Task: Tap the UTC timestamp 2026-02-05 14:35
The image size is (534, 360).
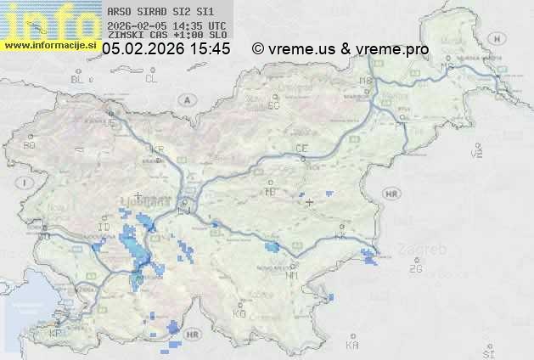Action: tap(166, 26)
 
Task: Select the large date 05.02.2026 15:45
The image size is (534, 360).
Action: tap(166, 49)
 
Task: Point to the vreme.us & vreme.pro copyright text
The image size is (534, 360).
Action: tap(340, 49)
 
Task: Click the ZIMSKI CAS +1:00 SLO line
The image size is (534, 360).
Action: tap(167, 37)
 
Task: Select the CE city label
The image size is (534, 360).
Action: tap(301, 149)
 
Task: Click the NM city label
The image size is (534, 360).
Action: tap(292, 275)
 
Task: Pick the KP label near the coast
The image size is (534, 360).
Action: tap(56, 333)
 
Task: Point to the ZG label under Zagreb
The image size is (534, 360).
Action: tap(415, 269)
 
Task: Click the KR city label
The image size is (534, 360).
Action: tap(157, 149)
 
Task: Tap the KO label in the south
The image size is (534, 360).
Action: tap(239, 313)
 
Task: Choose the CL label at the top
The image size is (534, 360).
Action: tap(152, 79)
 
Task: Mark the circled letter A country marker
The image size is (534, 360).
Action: tap(185, 98)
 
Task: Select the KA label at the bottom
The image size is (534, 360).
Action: tap(352, 346)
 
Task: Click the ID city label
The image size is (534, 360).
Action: tap(104, 228)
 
